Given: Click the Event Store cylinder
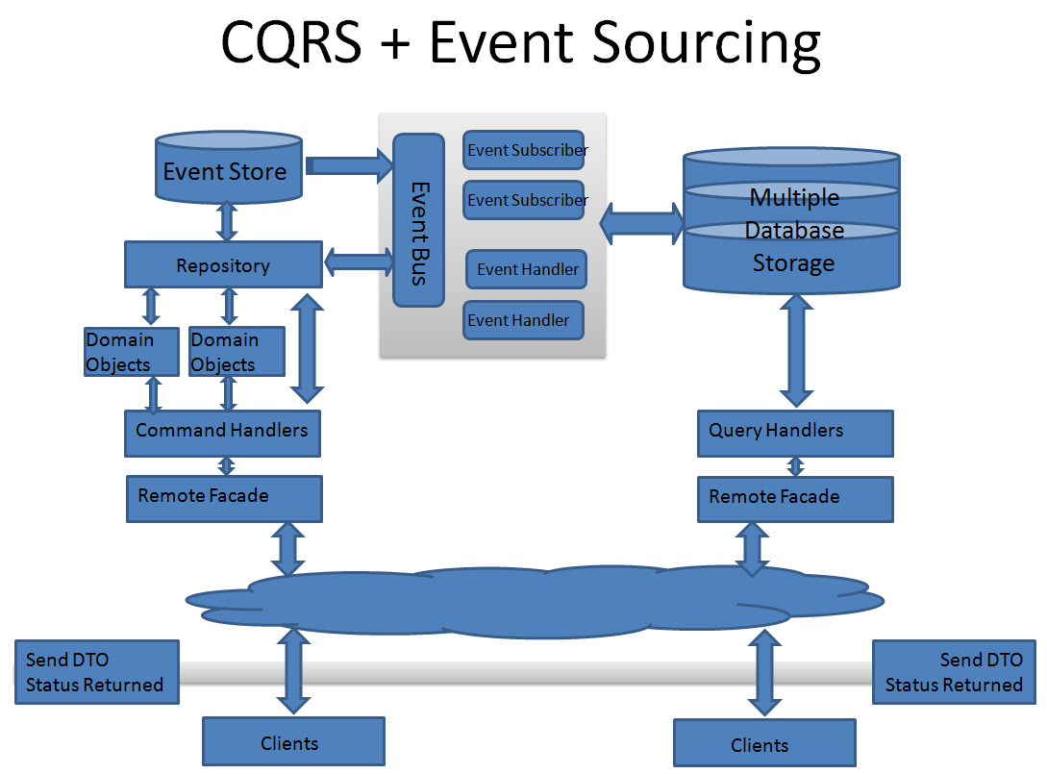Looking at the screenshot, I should [x=227, y=170].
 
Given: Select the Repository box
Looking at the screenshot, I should [x=223, y=264].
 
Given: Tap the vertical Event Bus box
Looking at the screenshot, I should [x=418, y=220].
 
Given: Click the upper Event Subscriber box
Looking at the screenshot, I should [x=523, y=150].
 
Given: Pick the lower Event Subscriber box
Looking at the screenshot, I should [x=523, y=200].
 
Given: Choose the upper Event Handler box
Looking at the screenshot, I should [x=526, y=269].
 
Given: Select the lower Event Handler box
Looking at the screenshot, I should [x=523, y=320].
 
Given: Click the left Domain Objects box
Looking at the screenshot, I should [x=131, y=351].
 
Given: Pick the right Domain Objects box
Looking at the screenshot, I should [x=237, y=351].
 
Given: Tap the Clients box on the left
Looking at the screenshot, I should [x=293, y=741].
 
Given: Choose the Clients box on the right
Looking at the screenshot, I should [x=764, y=743].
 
